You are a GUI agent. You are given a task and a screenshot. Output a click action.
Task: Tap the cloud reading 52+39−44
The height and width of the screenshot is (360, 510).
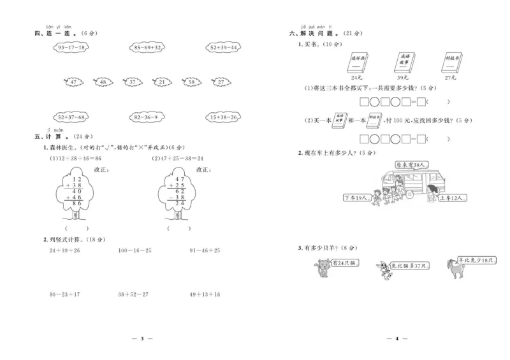coord(222,48)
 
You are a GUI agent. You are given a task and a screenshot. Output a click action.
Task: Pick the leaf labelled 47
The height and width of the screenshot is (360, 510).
coord(74,82)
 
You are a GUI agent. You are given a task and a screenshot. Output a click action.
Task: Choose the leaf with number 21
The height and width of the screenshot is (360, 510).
coord(161,82)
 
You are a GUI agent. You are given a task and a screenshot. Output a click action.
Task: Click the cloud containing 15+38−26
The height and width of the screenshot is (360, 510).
coord(222,117)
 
